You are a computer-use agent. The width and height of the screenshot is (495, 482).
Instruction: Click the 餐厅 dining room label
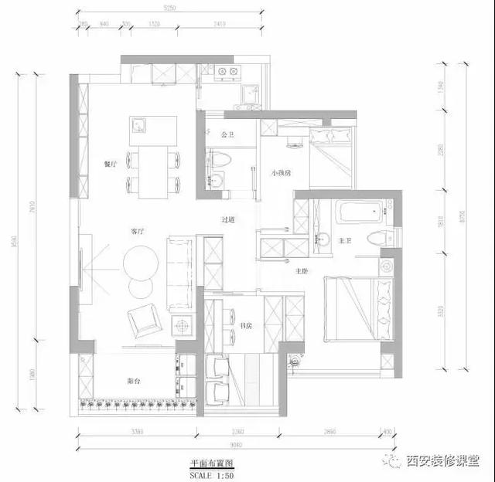click(x=109, y=165)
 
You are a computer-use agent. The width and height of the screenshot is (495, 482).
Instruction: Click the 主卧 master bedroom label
click(x=302, y=271)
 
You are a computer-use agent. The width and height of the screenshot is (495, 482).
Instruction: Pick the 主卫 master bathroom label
click(x=345, y=241)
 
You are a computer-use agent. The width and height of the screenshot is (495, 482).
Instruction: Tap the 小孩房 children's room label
click(x=281, y=173)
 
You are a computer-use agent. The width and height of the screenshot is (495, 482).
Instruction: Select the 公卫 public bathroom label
click(x=227, y=135)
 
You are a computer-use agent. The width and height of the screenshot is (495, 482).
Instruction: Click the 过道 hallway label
click(x=227, y=220)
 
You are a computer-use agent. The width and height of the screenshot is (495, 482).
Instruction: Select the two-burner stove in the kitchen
click(x=227, y=74)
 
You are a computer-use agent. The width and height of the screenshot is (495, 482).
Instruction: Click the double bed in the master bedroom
click(x=357, y=309)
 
